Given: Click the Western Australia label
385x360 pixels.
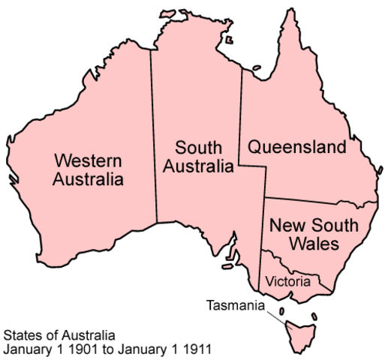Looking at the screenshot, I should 89,169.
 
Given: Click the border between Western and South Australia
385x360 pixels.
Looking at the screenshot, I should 153,135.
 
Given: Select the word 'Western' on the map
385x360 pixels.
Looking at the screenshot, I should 89,159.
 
